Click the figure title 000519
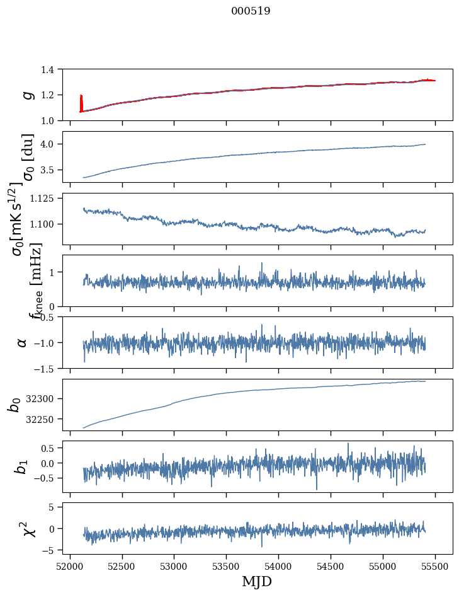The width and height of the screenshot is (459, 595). click(x=251, y=11)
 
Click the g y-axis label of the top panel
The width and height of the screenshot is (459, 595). click(x=27, y=95)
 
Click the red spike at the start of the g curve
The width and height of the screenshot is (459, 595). click(x=81, y=103)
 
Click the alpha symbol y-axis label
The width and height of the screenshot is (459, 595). click(x=22, y=342)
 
